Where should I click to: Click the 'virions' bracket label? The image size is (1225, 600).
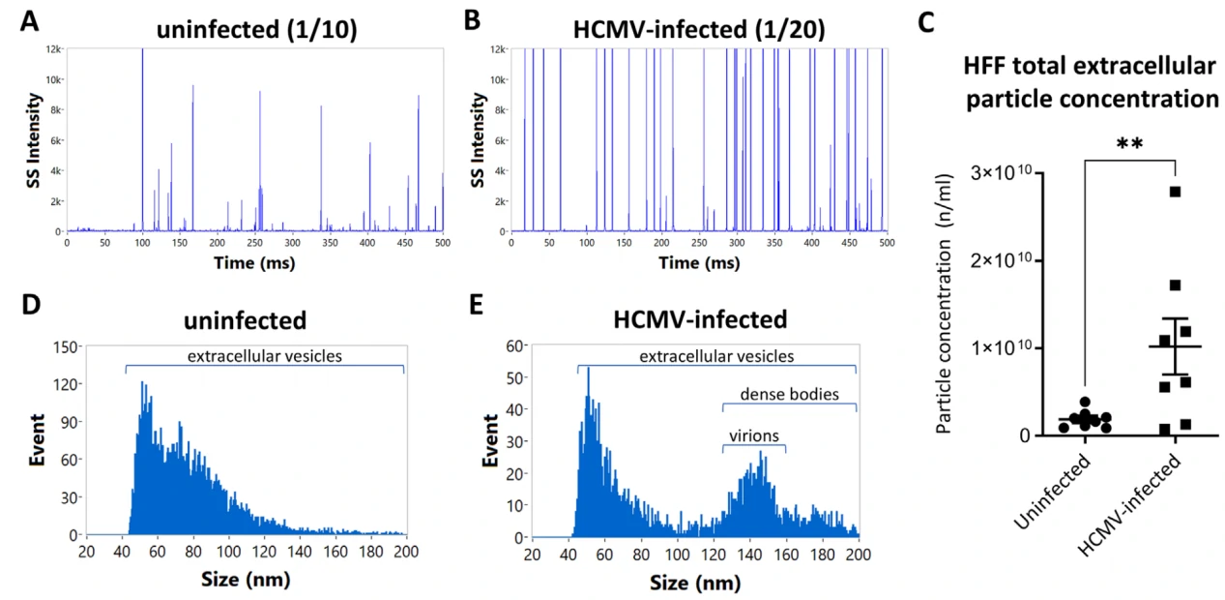754,435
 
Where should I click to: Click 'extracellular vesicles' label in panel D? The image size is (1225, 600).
264,357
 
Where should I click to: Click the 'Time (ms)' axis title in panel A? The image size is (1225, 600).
254,262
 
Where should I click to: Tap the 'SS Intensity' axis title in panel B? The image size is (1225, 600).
472,127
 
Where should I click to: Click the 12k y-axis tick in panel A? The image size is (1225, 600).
54,48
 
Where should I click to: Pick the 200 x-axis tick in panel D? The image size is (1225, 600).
405,552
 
